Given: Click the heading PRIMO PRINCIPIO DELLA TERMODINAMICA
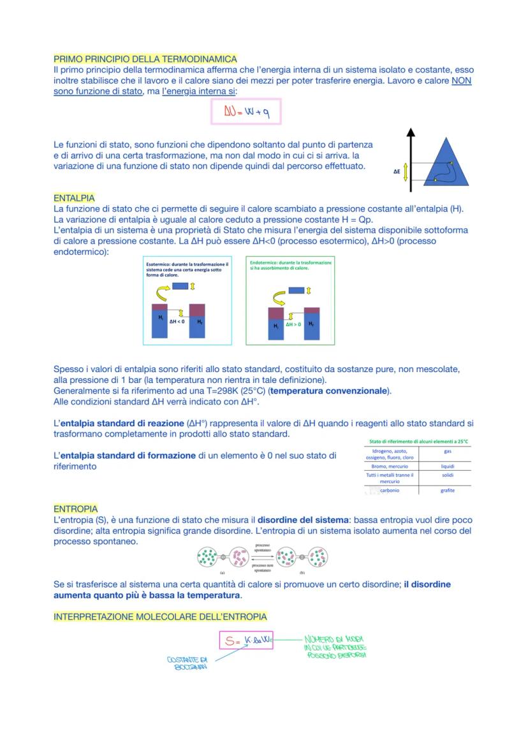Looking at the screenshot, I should point(145,59).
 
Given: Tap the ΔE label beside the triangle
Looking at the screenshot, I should point(397,171).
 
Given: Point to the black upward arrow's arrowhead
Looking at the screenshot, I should point(411,133).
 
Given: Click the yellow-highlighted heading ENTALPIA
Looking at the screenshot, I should point(74,198).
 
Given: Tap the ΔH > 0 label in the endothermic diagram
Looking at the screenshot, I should point(294,324).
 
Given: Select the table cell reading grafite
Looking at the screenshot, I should point(447,491).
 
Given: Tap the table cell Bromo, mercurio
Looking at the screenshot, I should point(390,466).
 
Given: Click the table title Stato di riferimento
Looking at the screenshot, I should point(418,442).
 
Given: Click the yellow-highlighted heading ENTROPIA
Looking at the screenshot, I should point(75,509).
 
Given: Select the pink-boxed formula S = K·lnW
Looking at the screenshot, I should point(246,640).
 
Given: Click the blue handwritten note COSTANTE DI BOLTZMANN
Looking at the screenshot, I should point(187,663).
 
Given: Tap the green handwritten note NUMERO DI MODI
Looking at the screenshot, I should point(335,646).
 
